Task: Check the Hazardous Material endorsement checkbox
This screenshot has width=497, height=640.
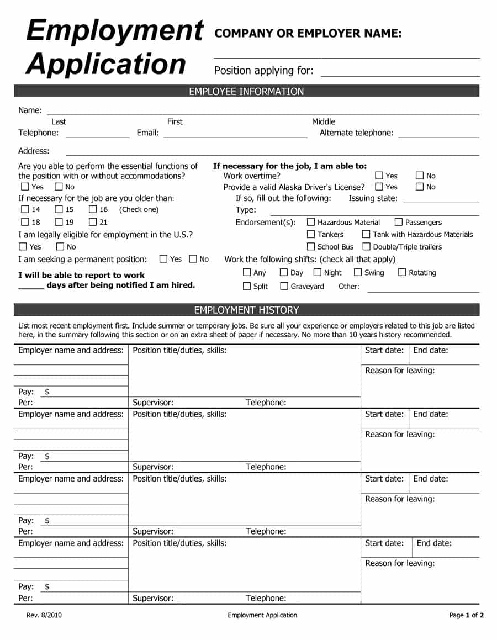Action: (x=311, y=222)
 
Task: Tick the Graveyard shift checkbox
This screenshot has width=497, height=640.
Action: (x=284, y=286)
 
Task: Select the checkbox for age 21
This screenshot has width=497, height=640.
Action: (x=93, y=222)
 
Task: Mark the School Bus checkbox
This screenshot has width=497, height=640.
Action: (x=311, y=247)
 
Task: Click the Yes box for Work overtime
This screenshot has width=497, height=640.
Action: (x=379, y=176)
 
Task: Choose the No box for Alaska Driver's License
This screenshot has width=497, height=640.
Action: (x=420, y=187)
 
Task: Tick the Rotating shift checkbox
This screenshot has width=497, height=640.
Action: (x=402, y=272)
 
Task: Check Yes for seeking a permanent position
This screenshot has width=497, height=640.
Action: (x=163, y=258)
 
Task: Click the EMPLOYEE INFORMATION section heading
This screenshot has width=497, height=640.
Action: (x=246, y=91)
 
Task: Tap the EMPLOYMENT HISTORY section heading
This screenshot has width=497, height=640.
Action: (x=246, y=310)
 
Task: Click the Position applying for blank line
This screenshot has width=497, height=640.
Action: (x=400, y=73)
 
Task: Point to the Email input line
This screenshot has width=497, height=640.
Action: (x=235, y=133)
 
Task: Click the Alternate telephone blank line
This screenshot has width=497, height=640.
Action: (x=438, y=133)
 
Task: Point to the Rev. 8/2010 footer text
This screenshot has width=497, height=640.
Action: (x=41, y=615)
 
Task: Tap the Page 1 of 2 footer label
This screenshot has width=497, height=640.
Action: (x=467, y=615)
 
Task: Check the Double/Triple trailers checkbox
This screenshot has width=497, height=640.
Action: (x=366, y=247)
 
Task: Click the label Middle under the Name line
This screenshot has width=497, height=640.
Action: (x=324, y=121)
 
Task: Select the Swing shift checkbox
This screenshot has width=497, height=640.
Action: (x=358, y=272)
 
